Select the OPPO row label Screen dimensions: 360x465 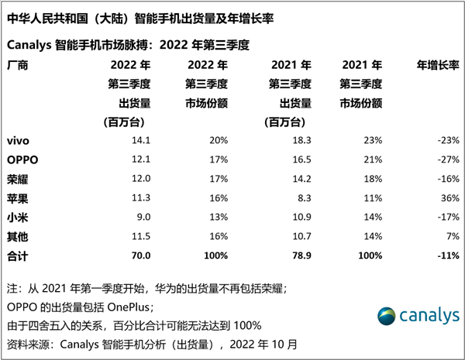point(22,160)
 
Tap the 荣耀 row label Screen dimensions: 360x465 point(18,179)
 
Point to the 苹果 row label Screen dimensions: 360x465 point(18,198)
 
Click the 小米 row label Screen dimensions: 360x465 point(18,217)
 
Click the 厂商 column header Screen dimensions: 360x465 point(18,66)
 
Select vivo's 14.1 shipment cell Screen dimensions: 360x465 point(141,141)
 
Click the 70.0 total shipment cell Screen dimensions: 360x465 point(140,255)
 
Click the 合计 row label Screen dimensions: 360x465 point(18,255)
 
